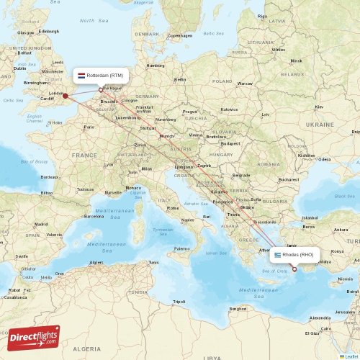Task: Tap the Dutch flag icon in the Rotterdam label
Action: coord(81,74)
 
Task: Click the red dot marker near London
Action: coord(65,95)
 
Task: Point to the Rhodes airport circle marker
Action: coord(294,269)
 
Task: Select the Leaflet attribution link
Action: coord(351,356)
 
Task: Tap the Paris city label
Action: coord(89,127)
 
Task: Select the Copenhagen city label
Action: coord(179,35)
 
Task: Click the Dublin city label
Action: coord(19,68)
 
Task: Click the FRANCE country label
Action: coord(84,155)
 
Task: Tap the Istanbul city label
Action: coord(310,217)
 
